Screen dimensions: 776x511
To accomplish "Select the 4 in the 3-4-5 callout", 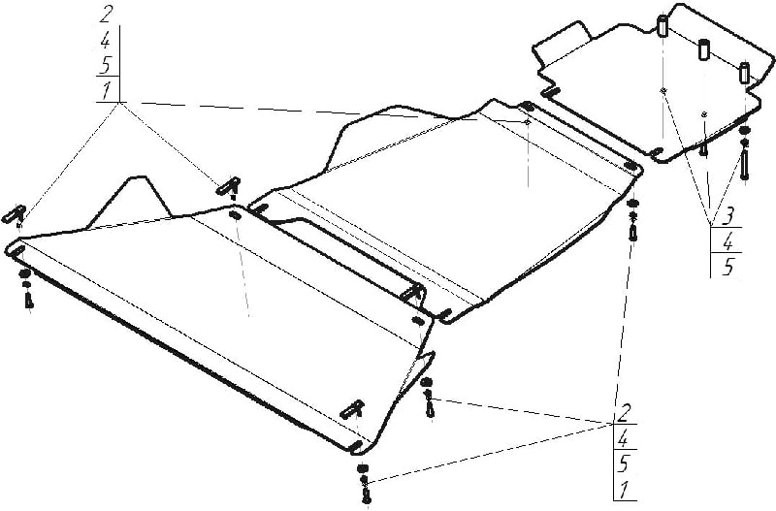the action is point(727,241).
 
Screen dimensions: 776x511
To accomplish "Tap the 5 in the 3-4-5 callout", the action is point(727,266).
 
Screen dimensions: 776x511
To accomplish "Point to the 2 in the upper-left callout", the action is point(106,15).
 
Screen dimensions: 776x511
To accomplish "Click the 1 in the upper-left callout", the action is point(107,90).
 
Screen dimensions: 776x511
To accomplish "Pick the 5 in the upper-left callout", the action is point(107,65).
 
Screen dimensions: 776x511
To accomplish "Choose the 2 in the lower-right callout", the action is point(625,412).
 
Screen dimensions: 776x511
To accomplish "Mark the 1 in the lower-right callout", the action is point(624,490).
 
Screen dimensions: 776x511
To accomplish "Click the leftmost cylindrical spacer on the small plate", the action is point(663,26).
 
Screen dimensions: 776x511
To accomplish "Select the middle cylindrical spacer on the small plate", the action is point(704,49).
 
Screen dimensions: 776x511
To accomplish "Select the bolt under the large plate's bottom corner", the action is point(367,495).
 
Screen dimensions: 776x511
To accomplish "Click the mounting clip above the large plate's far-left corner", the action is point(16,213).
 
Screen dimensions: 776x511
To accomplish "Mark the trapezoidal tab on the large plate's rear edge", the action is point(130,201).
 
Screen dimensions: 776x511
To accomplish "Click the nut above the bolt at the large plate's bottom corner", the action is point(363,468).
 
